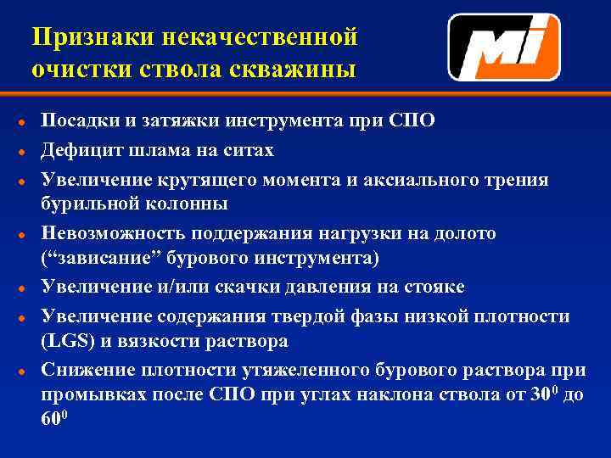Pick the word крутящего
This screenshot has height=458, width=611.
[x=208, y=180]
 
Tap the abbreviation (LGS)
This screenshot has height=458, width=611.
[x=65, y=341]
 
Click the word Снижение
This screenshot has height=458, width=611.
[x=84, y=371]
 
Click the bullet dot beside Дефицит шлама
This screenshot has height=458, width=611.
[x=20, y=151]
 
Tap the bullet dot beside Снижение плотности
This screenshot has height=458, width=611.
[x=20, y=371]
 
